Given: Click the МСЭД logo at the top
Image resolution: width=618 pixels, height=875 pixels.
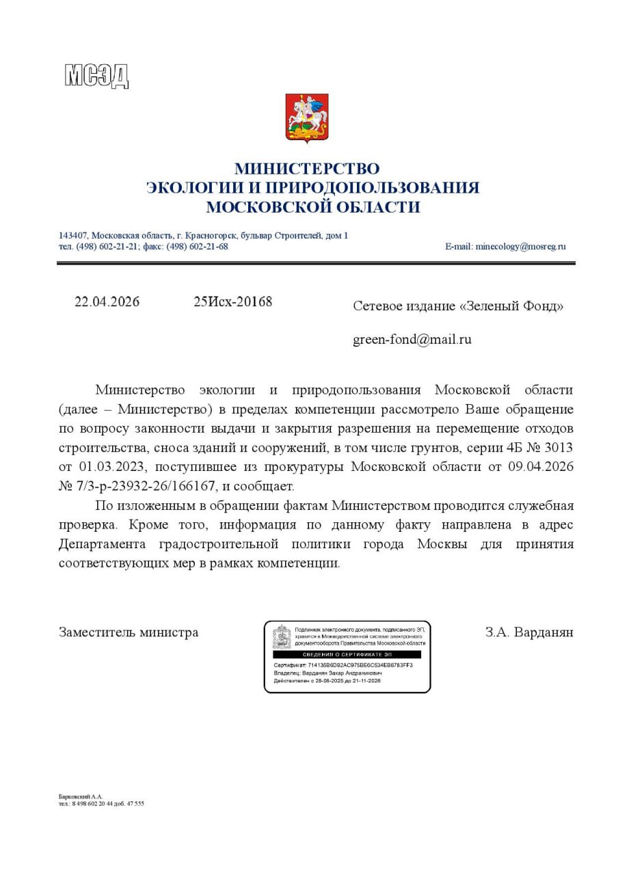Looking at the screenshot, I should tap(96, 75).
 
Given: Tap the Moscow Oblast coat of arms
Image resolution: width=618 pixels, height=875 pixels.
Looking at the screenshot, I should tap(307, 118).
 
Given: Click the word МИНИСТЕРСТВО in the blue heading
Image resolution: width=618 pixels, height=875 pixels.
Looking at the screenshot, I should tap(307, 168).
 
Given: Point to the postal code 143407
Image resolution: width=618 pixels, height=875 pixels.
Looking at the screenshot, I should tap(72, 236).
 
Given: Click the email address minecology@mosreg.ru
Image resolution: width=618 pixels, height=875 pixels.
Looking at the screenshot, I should tap(520, 247).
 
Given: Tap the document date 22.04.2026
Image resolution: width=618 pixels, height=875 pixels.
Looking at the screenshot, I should tap(107, 302).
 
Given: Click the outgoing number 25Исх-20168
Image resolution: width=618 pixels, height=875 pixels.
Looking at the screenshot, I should tap(232, 302).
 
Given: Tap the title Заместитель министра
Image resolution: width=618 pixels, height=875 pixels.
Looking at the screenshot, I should tap(129, 632).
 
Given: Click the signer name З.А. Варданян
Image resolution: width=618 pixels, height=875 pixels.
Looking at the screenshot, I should tap(529, 632).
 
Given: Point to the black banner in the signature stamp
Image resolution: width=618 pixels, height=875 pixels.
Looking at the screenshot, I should tap(347, 654).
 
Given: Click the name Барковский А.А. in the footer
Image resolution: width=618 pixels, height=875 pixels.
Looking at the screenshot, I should tap(80, 796).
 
